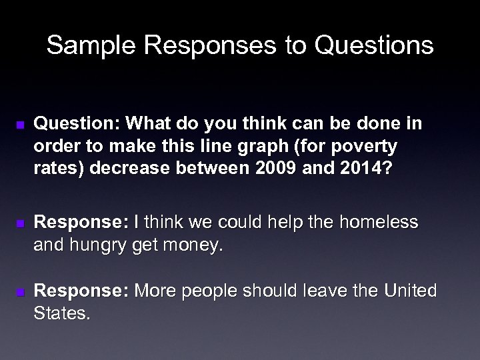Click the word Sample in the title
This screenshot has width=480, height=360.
pos(86,46)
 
